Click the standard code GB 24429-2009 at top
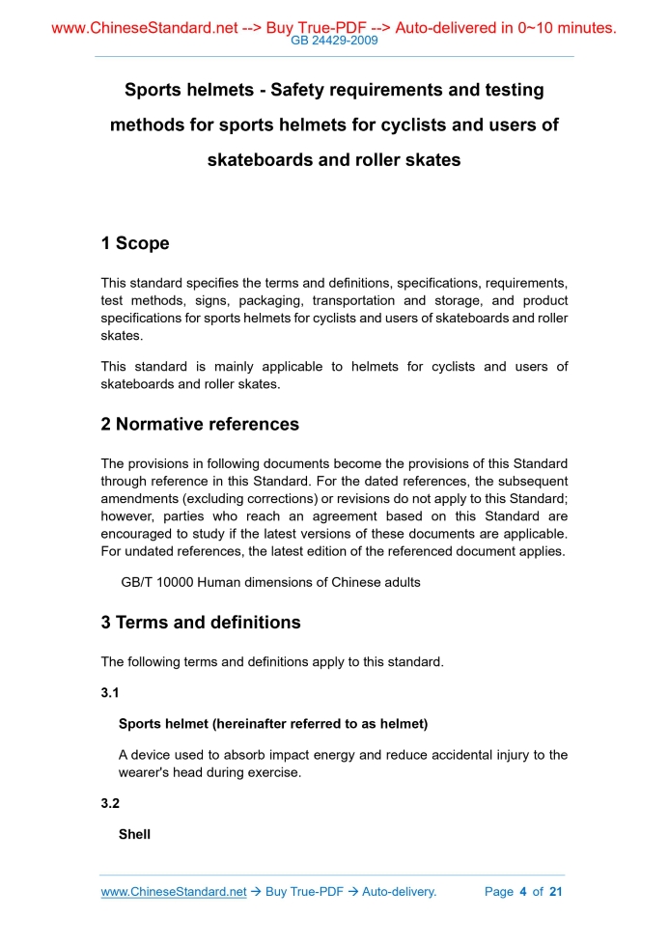click(x=334, y=41)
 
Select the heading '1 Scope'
click(x=135, y=243)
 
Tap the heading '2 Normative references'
click(x=200, y=424)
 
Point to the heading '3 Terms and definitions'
click(x=201, y=623)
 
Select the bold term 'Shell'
click(x=134, y=834)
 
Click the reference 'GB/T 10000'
click(x=155, y=583)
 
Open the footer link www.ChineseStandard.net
click(x=174, y=892)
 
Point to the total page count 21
click(x=555, y=892)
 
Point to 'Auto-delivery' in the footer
click(x=399, y=892)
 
